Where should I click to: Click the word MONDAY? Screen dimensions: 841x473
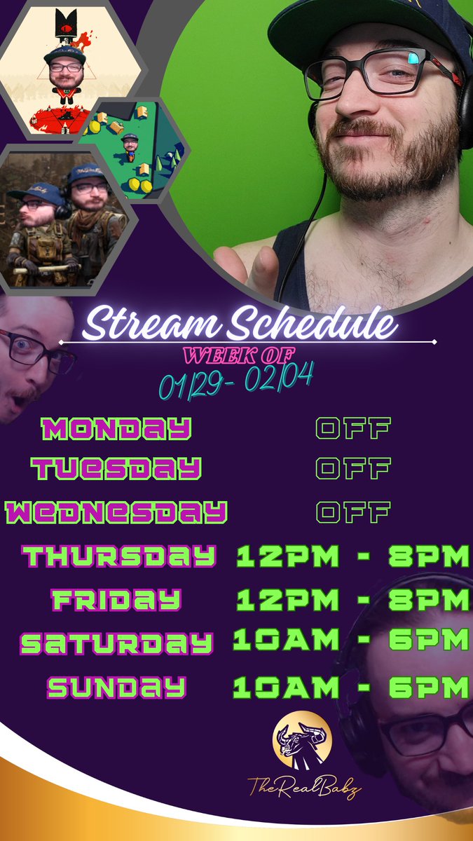[x=116, y=428]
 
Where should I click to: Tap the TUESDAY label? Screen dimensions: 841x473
[x=116, y=468]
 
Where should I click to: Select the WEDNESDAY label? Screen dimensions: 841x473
[x=116, y=512]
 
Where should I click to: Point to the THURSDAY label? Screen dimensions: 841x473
[x=118, y=556]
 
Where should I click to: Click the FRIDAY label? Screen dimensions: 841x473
[x=116, y=600]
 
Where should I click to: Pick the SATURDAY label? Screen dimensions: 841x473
[x=116, y=643]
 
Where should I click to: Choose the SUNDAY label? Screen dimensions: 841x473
[x=116, y=688]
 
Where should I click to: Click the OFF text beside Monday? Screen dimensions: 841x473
[x=352, y=428]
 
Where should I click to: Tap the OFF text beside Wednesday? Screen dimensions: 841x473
[x=352, y=512]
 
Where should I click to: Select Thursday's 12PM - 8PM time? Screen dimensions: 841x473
[x=352, y=556]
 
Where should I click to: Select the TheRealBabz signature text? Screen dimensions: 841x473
[x=304, y=789]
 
